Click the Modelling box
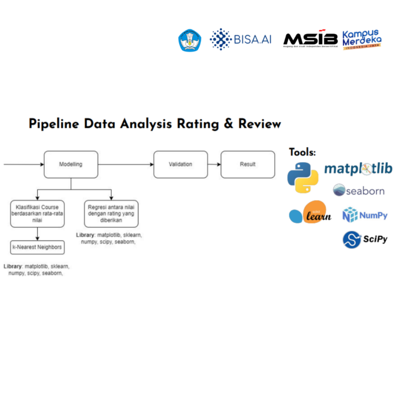click(71, 165)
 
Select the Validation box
click(180, 165)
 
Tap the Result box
click(247, 165)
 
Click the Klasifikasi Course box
click(38, 213)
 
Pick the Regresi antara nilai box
click(111, 213)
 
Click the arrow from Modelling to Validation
click(125, 165)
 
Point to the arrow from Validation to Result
click(214, 165)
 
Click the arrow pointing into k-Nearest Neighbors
click(38, 234)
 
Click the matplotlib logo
click(358, 169)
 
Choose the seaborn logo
click(358, 190)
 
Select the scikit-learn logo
click(310, 213)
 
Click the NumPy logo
click(365, 216)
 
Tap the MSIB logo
click(310, 39)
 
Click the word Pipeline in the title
click(55, 124)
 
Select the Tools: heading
click(302, 152)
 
